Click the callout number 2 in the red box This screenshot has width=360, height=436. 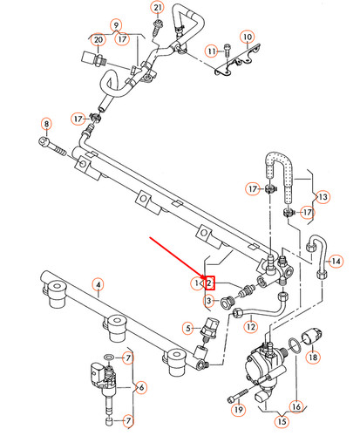pyautogui.click(x=209, y=283)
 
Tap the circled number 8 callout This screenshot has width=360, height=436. pyautogui.click(x=46, y=125)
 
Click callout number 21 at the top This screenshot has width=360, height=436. pyautogui.click(x=157, y=9)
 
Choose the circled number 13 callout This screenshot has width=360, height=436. pyautogui.click(x=323, y=197)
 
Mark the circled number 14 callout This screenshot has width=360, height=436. pyautogui.click(x=335, y=260)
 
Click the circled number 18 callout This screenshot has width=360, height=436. pyautogui.click(x=314, y=357)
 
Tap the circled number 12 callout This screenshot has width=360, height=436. pyautogui.click(x=251, y=327)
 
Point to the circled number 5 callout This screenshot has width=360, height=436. pyautogui.click(x=187, y=328)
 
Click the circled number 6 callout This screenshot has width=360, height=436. pyautogui.click(x=141, y=386)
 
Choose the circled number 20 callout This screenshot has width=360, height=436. pyautogui.click(x=98, y=40)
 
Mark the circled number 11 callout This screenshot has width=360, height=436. pyautogui.click(x=211, y=51)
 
